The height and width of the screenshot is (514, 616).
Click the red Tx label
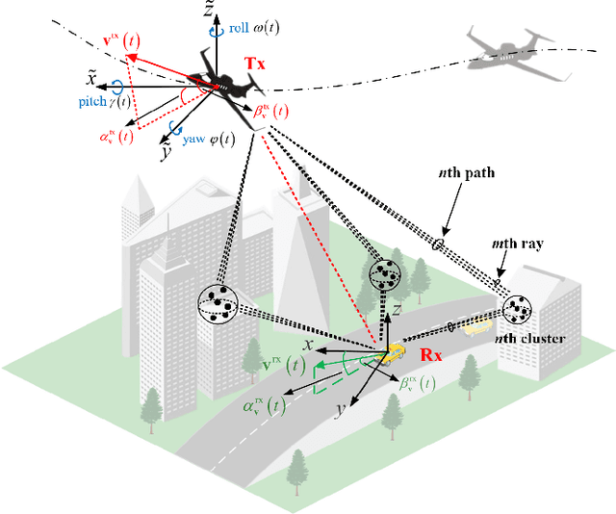tap(254, 64)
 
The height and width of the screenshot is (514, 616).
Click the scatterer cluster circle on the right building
tap(518, 309)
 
